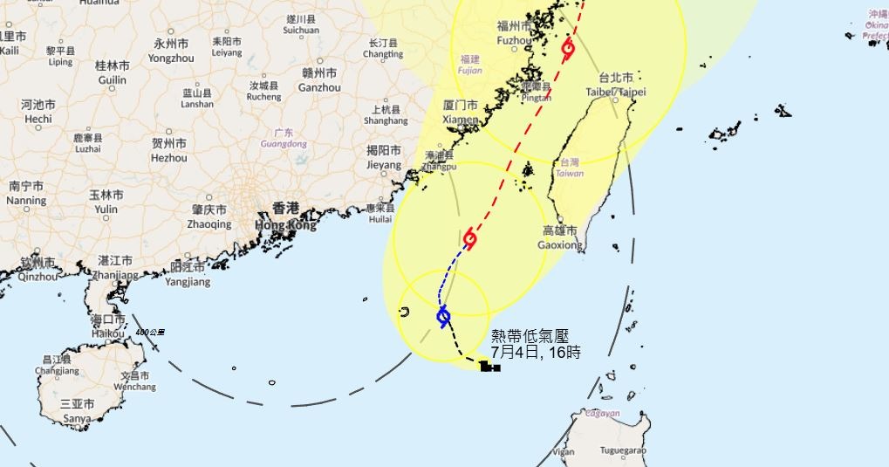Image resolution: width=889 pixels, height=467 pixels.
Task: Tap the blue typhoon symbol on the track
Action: [x=443, y=316]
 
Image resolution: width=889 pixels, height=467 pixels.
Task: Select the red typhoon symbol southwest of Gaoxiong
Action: [x=470, y=238]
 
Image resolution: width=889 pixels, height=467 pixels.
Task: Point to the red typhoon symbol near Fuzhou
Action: [x=568, y=49]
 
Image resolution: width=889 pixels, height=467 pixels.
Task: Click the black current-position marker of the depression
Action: [x=490, y=367]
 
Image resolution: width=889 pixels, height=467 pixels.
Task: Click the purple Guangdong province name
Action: [x=284, y=143]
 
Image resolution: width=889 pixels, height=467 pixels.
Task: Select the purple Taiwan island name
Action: [x=570, y=173]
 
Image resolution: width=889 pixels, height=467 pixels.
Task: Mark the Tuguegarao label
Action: [x=623, y=450]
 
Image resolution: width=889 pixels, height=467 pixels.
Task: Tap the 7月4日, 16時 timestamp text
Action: [x=535, y=352]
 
